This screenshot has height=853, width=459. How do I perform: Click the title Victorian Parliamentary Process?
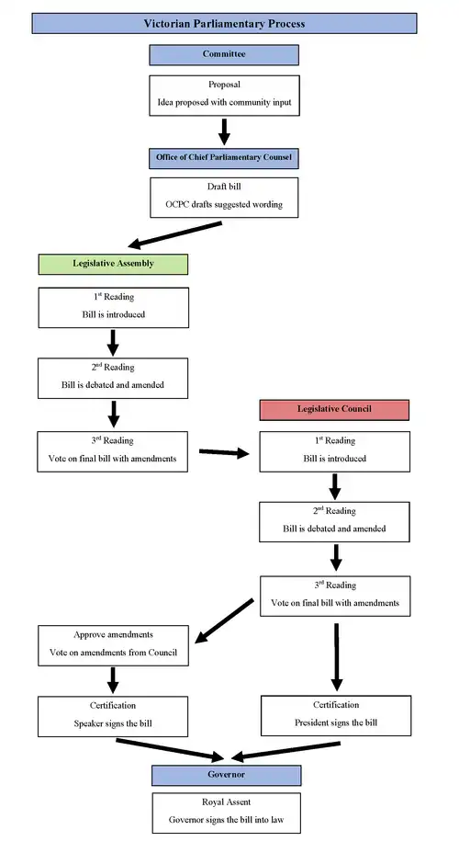(224, 23)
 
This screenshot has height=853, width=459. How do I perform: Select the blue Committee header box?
(224, 55)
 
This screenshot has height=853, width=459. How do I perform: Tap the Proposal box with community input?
(224, 94)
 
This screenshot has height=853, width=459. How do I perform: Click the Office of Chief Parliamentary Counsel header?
(224, 157)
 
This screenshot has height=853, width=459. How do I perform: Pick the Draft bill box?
(224, 197)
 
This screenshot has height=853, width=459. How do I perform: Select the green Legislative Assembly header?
(113, 264)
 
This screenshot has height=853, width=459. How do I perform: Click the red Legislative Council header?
(334, 409)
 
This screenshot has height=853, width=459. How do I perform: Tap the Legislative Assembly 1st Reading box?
(113, 307)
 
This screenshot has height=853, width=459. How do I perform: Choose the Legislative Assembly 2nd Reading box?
(113, 378)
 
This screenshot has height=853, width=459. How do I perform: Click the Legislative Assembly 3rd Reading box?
(113, 451)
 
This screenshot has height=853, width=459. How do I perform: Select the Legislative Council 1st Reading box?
(334, 451)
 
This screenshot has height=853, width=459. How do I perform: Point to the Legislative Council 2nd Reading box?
(334, 522)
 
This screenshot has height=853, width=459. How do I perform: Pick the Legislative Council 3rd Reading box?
(334, 596)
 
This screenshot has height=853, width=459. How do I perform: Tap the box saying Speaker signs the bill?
(113, 716)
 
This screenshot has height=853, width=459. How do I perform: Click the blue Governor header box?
(224, 775)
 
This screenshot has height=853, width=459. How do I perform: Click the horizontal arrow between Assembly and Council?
(224, 452)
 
